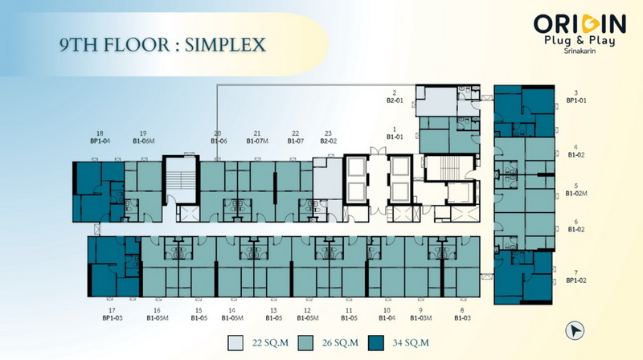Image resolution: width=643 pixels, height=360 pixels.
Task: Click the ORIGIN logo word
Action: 580,24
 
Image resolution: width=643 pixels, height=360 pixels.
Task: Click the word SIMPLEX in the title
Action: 225,45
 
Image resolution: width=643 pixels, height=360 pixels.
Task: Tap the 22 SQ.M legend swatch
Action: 235,343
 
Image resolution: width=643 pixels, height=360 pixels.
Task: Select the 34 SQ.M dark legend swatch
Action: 375,343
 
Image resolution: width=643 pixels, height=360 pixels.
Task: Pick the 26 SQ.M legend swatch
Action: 305,343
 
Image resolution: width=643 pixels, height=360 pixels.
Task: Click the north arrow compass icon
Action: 575,330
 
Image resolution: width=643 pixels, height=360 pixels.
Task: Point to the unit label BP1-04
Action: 100,141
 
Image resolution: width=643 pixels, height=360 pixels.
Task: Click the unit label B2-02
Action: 328,141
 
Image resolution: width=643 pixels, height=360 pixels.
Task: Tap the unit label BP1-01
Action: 576,100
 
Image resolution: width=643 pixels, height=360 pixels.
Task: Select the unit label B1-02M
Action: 576,194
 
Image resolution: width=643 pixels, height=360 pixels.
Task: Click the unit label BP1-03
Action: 112,317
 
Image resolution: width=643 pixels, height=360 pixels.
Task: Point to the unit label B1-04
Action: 387,317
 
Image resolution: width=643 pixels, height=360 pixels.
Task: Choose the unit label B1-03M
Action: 420,317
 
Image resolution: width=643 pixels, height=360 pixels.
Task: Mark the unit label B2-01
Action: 395,100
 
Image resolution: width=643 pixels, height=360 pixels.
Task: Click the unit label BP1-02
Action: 576,280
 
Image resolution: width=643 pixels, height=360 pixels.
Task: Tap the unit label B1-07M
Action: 257,141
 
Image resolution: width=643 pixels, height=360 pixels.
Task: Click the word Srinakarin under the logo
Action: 580,51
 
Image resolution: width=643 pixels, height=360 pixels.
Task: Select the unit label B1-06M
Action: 143,141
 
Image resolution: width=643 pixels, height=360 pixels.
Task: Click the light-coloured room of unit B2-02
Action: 328,178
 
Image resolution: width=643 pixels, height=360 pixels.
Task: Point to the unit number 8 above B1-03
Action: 462,310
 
